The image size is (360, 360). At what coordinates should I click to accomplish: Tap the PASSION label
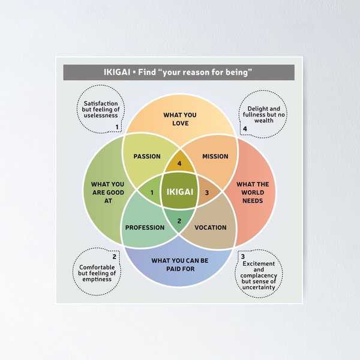tap(147, 157)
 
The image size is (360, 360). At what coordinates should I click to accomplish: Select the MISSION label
tap(215, 157)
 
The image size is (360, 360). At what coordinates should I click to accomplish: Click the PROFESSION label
tap(145, 227)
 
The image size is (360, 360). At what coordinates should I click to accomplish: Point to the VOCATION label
tap(211, 227)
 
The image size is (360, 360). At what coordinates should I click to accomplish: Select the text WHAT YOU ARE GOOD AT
tap(107, 192)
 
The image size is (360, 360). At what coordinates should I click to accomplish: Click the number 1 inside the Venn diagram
tap(152, 192)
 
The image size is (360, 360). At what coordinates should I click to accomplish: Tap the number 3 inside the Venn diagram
tap(207, 192)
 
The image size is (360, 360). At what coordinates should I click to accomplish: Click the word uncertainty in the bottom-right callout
tap(259, 287)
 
